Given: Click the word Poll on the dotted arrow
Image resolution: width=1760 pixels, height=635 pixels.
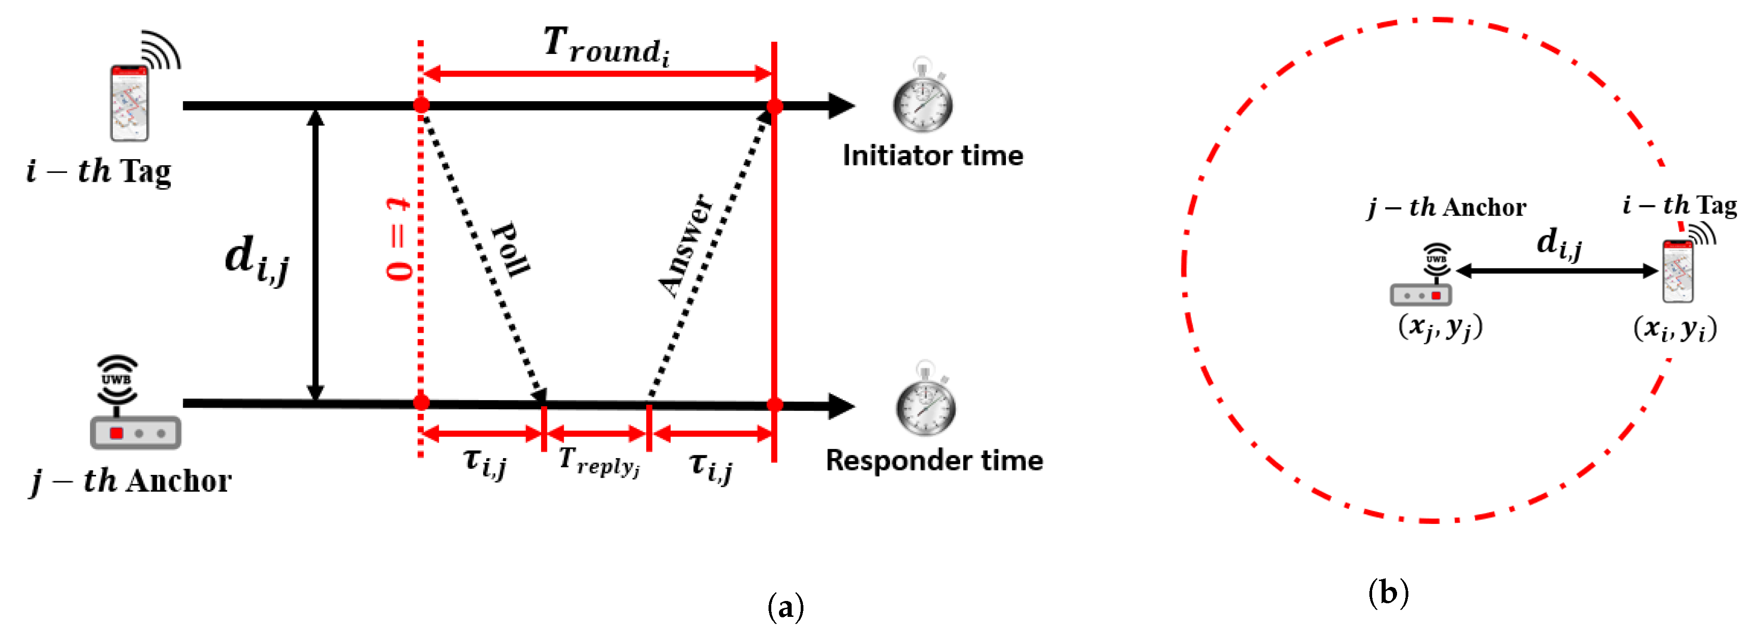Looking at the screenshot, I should point(511,249).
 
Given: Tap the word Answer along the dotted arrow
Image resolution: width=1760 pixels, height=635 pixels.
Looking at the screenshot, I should point(685,245).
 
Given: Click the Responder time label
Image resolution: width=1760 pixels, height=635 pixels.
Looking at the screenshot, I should point(934,460).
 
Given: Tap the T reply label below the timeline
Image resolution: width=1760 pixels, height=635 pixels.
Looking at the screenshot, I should point(599,461).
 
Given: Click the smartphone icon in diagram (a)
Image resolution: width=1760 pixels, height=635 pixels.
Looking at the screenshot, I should point(130,103).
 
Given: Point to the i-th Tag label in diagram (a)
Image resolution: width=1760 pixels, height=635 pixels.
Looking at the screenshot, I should point(99,171).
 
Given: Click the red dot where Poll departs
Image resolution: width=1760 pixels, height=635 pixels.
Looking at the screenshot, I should point(421,105).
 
